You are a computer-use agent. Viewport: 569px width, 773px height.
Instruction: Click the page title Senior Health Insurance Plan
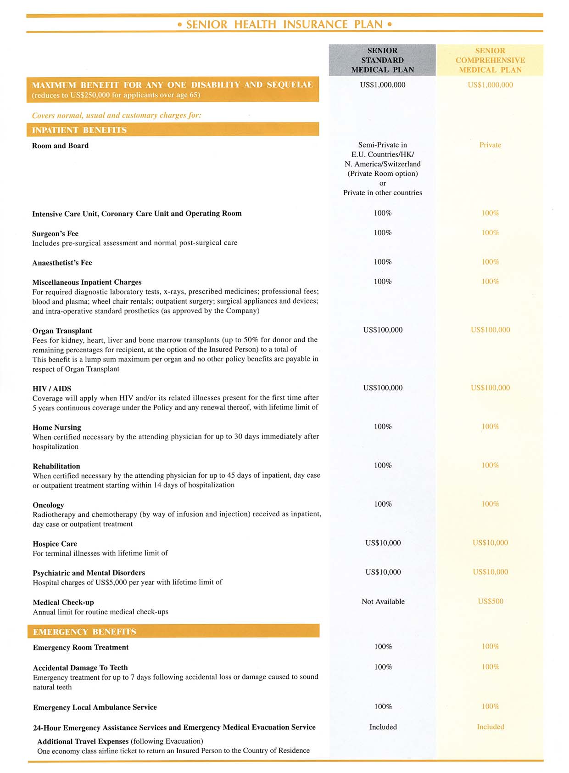tap(284, 24)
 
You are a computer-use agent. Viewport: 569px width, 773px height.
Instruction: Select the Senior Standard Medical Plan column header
tap(382, 60)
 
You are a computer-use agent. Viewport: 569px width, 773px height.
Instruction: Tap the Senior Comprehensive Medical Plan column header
tap(490, 60)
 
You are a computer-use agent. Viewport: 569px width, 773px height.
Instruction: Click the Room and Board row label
tap(60, 146)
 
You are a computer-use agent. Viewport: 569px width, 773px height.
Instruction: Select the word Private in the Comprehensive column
tap(490, 145)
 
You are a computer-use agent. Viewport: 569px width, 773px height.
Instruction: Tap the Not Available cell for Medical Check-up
tap(383, 602)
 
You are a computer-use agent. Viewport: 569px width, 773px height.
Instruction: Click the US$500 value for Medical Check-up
tap(490, 601)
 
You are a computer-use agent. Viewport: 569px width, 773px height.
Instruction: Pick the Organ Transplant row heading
tap(62, 331)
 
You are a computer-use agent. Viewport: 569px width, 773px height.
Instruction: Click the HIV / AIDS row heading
tap(52, 389)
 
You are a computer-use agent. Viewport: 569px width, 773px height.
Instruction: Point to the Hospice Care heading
tap(55, 544)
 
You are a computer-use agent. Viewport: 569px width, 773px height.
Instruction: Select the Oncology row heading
tap(48, 505)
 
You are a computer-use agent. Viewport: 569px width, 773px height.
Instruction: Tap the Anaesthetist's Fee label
tap(62, 263)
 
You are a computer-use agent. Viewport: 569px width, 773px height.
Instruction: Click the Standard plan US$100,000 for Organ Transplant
tap(383, 330)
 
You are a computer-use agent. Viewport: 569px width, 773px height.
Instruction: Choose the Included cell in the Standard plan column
tap(383, 727)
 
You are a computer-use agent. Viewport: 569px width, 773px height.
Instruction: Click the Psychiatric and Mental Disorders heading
tap(89, 573)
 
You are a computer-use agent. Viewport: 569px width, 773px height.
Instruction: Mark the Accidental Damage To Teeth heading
tap(80, 667)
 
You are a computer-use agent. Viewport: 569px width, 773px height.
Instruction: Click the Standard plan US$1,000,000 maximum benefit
tap(383, 85)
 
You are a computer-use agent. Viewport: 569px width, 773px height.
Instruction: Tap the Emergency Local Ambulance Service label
tap(95, 707)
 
